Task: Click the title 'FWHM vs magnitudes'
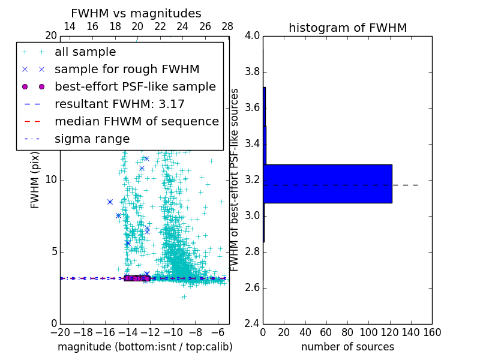click(x=136, y=13)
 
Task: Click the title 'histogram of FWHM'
click(x=347, y=28)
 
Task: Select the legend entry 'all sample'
click(x=85, y=52)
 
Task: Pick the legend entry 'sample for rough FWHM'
click(x=127, y=69)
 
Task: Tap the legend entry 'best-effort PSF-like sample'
click(x=135, y=86)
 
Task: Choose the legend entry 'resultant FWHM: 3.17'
click(x=119, y=104)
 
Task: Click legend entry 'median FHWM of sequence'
click(x=136, y=121)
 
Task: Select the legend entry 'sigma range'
click(x=92, y=139)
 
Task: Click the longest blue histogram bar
click(x=328, y=184)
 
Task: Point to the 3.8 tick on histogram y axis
click(x=252, y=71)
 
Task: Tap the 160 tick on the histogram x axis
click(x=432, y=332)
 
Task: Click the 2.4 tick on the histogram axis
click(x=252, y=323)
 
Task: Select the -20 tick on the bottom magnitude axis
click(x=60, y=332)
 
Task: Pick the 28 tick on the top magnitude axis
click(x=227, y=26)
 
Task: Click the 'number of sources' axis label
click(x=347, y=347)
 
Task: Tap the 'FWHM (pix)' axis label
click(x=35, y=179)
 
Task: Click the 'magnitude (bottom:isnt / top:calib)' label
click(x=145, y=347)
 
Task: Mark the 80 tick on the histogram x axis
click(x=347, y=332)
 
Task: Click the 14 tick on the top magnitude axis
click(x=70, y=26)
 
